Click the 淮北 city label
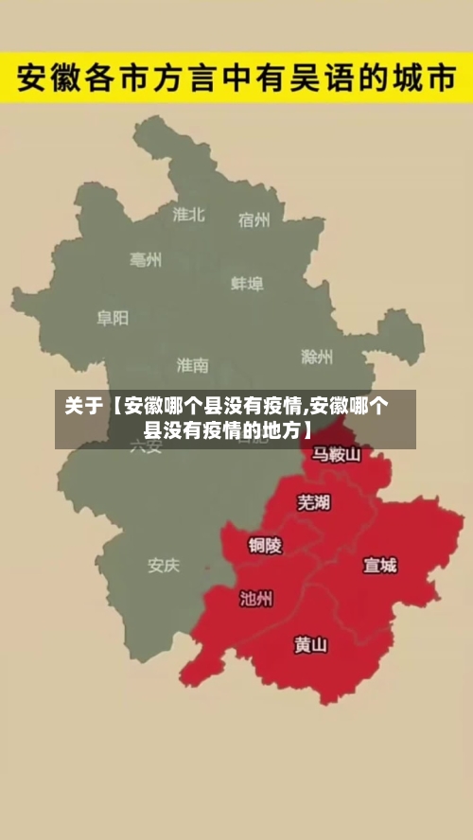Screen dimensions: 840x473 click(188, 215)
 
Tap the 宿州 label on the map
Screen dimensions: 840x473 click(254, 220)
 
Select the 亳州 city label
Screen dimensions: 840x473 click(146, 259)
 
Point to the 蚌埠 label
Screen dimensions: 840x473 click(247, 283)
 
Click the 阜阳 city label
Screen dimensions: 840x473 click(112, 318)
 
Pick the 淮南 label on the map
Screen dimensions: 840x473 click(192, 364)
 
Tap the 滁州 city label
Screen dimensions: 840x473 click(317, 357)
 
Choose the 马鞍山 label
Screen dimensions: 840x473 click(337, 455)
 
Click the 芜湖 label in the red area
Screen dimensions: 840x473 click(314, 501)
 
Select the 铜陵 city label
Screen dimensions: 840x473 click(265, 545)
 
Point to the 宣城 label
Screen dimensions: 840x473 click(380, 566)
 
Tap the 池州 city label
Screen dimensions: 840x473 click(256, 598)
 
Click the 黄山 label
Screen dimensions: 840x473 click(310, 645)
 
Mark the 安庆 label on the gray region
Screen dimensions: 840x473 click(163, 566)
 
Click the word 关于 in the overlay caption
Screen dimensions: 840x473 click(83, 408)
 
